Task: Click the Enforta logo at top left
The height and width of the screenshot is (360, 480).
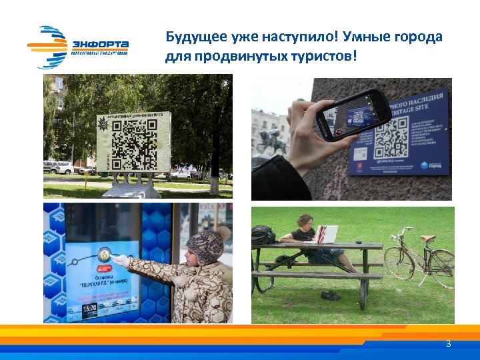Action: click(78, 47)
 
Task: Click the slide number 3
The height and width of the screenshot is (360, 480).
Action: click(448, 344)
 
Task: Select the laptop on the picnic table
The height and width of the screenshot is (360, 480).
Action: click(326, 235)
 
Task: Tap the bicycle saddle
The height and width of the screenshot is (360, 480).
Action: click(426, 238)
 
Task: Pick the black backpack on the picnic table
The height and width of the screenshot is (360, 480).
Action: click(263, 235)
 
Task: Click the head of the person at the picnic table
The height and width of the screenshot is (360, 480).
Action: click(306, 221)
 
